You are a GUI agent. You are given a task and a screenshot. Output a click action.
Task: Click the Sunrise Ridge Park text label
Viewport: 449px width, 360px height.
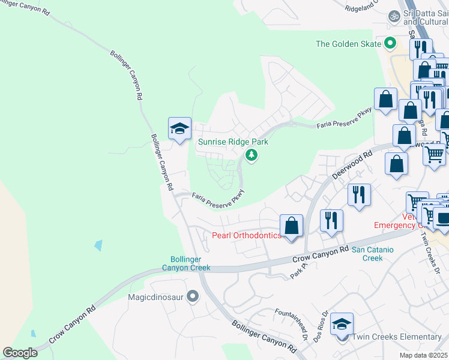pyautogui.click(x=233, y=142)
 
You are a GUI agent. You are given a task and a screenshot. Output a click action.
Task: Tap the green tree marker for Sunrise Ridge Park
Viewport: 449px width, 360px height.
pyautogui.click(x=252, y=156)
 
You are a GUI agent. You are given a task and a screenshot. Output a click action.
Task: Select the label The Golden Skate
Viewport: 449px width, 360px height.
pyautogui.click(x=349, y=44)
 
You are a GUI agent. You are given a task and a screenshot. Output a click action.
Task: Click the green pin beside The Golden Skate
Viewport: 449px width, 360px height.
pyautogui.click(x=390, y=43)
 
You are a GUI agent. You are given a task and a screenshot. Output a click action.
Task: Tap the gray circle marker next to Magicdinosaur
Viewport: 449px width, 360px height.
pyautogui.click(x=193, y=296)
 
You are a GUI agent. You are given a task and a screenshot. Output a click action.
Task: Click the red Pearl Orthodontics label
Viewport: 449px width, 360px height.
pyautogui.click(x=246, y=235)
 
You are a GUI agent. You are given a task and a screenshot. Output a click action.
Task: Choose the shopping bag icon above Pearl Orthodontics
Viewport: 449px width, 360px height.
pyautogui.click(x=291, y=226)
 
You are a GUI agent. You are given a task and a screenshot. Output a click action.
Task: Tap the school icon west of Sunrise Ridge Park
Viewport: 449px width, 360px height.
pyautogui.click(x=179, y=128)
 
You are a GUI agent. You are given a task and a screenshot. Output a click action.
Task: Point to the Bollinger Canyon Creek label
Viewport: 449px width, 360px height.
pyautogui.click(x=186, y=263)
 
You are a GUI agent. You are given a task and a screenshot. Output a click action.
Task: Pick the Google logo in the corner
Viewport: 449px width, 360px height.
pyautogui.click(x=20, y=353)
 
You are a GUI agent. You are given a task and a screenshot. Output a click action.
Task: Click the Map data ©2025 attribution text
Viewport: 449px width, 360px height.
pyautogui.click(x=424, y=355)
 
